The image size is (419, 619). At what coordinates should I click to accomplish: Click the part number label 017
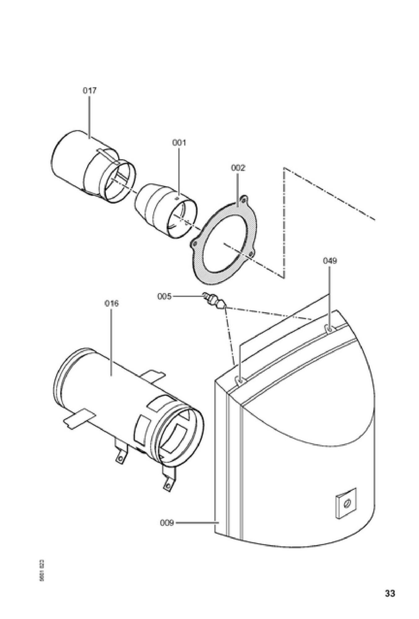[x=89, y=91]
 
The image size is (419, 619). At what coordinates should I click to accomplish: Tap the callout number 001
[x=179, y=143]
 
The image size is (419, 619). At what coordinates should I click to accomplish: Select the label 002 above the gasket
[x=238, y=168]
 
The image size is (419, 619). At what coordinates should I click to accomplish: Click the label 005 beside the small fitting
[x=164, y=297]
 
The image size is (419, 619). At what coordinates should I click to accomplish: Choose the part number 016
[x=111, y=303]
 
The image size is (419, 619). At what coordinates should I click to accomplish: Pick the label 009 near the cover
[x=167, y=523]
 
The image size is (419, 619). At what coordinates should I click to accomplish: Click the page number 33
[x=390, y=594]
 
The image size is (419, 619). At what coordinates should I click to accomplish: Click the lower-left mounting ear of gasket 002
[x=194, y=244]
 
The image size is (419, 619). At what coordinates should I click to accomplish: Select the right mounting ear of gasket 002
[x=251, y=254]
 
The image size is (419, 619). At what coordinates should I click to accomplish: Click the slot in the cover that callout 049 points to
[x=329, y=328]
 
